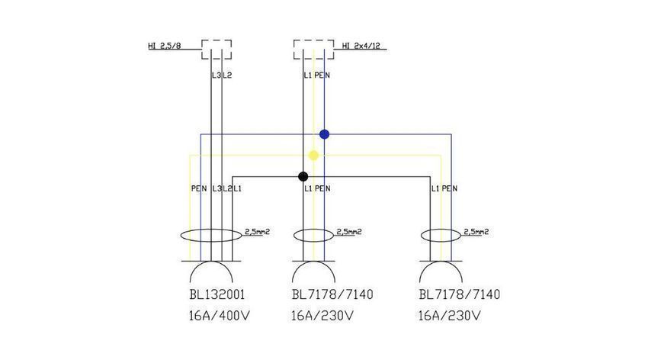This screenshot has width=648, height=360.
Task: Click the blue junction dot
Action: click(325, 134)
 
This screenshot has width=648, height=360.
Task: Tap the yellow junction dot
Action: click(313, 156)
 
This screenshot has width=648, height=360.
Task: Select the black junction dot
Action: click(303, 177)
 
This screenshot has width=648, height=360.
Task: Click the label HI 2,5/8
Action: click(165, 46)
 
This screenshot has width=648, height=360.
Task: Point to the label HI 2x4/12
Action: click(361, 46)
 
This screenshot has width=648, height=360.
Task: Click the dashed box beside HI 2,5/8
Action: click(217, 40)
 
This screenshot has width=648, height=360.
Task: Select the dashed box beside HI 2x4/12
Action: click(313, 40)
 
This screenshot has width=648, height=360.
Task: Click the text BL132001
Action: click(217, 294)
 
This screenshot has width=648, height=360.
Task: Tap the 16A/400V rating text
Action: click(219, 317)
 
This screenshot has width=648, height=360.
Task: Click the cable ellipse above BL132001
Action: click(211, 230)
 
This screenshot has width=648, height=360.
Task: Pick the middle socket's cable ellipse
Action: click(313, 230)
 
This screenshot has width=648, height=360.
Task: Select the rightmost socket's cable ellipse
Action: click(441, 230)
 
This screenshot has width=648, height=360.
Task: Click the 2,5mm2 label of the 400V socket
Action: click(257, 232)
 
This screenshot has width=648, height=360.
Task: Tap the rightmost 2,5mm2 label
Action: click(476, 232)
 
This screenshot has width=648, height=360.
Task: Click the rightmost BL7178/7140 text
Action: click(460, 294)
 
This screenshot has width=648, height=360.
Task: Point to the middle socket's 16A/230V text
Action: click(322, 317)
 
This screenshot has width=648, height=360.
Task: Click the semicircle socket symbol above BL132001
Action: click(211, 262)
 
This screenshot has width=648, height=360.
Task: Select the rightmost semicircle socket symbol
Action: click(441, 262)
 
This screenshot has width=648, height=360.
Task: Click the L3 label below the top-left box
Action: click(217, 76)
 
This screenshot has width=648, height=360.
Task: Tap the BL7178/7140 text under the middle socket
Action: click(332, 294)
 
